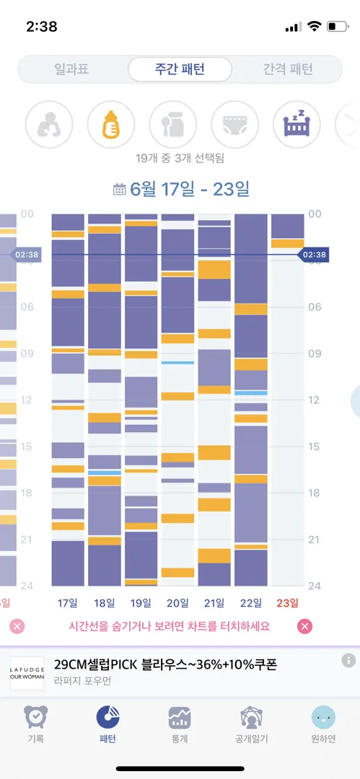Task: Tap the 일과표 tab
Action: click(x=71, y=69)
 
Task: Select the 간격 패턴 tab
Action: click(x=288, y=69)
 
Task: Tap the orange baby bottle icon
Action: click(x=111, y=124)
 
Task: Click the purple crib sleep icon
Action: click(x=297, y=124)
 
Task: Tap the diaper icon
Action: click(x=235, y=124)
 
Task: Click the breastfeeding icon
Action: click(x=49, y=124)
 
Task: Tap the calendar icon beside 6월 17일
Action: click(x=119, y=189)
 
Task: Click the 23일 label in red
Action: click(x=288, y=603)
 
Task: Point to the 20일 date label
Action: click(x=178, y=603)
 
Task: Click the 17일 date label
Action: click(x=68, y=603)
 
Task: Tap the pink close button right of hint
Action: click(x=304, y=627)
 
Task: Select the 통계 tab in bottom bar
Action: click(x=180, y=725)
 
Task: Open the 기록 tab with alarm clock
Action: click(x=36, y=725)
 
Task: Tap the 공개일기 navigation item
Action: click(x=252, y=725)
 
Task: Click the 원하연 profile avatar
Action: click(x=323, y=718)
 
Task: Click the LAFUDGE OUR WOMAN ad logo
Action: click(x=27, y=673)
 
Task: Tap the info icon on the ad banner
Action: click(x=348, y=660)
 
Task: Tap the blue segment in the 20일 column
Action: click(x=177, y=363)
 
